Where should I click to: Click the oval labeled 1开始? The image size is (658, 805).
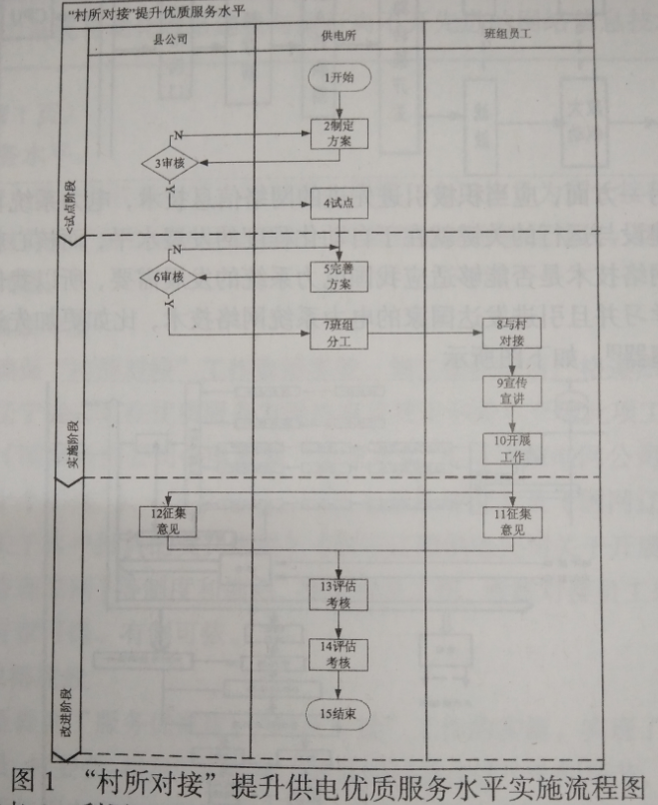point(339,77)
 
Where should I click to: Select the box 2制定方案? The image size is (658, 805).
point(339,134)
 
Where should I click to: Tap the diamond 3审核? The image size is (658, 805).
point(168,162)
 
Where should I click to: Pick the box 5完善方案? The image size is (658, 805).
point(339,276)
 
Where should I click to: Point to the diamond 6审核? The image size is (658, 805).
point(168,276)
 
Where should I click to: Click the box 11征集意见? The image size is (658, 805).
point(511,520)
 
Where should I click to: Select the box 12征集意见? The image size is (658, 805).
point(168,521)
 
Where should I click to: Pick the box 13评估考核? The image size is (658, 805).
point(339,593)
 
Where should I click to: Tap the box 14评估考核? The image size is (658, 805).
point(339,653)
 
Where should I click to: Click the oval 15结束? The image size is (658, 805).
point(339,712)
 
